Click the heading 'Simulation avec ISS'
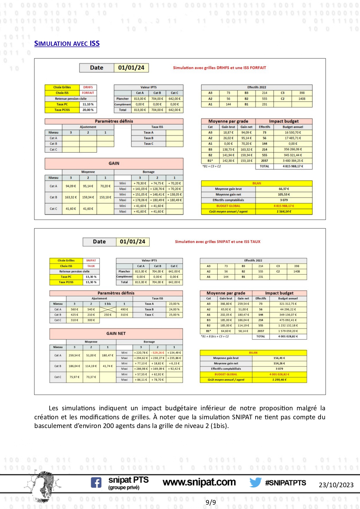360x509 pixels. point(67,44)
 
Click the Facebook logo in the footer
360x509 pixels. point(96,483)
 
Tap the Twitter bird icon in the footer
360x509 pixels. point(255,482)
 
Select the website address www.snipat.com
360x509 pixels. point(199,482)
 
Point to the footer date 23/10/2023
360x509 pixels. point(336,485)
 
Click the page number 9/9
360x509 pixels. point(211,502)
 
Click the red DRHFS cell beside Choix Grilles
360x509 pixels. point(88,87)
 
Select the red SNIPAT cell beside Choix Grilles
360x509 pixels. point(91,261)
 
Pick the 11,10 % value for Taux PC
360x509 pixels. point(88,104)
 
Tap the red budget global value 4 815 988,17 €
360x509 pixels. point(284,206)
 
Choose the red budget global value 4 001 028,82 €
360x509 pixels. point(279,374)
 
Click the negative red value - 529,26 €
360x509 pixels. point(157,353)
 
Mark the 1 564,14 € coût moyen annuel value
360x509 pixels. point(284,212)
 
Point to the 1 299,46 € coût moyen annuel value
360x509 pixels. point(279,380)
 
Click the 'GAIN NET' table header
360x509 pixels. point(116,334)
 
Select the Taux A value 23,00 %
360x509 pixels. point(174,304)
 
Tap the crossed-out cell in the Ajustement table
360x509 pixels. point(108,309)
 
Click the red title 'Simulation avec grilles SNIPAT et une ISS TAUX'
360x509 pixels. point(218,242)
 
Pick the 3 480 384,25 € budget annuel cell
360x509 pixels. point(293,161)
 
